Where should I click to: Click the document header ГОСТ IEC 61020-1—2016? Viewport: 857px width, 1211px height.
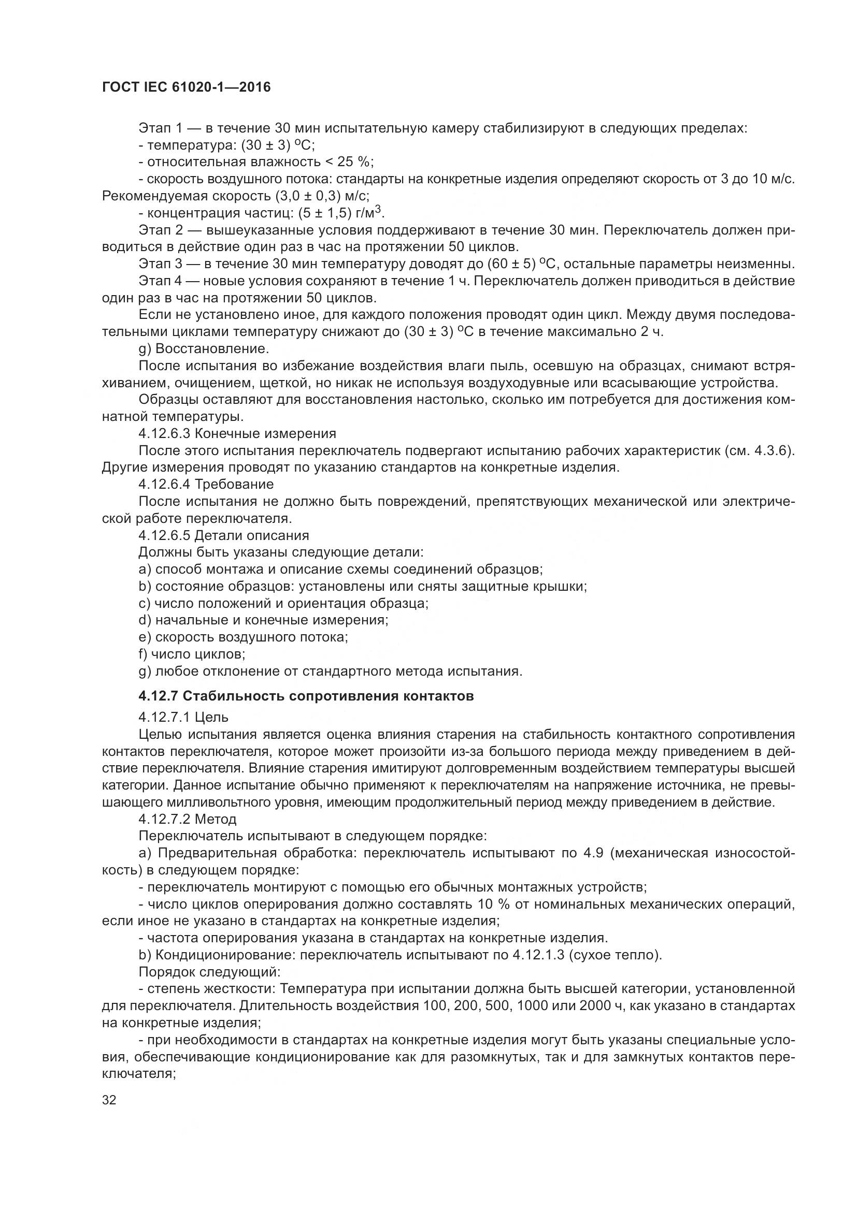click(x=186, y=87)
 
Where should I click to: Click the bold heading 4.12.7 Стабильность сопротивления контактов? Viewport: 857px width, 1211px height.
click(x=306, y=696)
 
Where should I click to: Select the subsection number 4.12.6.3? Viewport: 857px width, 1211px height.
click(x=164, y=433)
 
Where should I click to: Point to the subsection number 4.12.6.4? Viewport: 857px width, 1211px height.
click(x=164, y=484)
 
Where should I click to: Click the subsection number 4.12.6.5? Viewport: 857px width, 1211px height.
click(x=164, y=535)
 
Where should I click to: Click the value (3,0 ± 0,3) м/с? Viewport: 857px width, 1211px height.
click(x=321, y=196)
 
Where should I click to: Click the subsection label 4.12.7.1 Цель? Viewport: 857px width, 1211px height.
click(x=183, y=717)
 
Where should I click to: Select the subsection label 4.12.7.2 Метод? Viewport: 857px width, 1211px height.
click(x=188, y=819)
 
